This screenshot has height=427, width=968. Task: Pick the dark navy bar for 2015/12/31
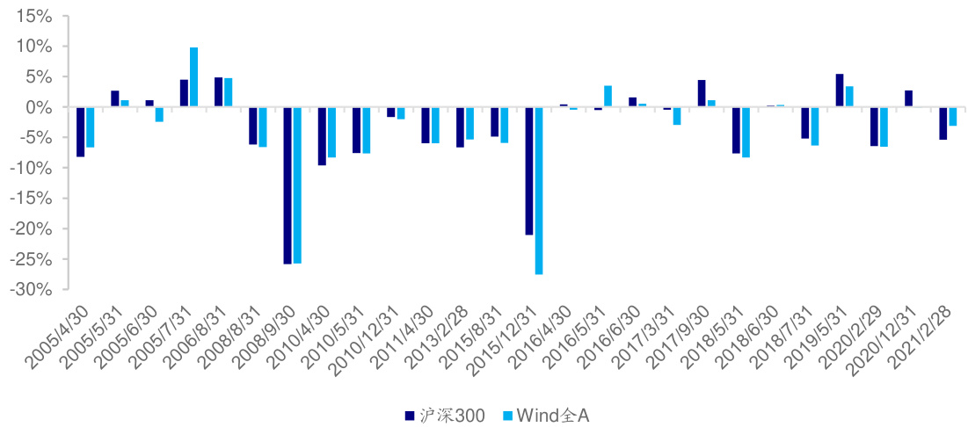point(529,170)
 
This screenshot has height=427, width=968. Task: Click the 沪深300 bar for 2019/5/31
point(840,90)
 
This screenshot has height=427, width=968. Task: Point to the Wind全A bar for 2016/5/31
point(608,97)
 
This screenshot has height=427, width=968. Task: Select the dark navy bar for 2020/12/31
point(908,98)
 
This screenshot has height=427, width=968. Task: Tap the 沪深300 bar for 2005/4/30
point(80,132)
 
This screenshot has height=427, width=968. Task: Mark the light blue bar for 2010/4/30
point(331,132)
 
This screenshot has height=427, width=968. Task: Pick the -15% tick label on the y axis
point(34,199)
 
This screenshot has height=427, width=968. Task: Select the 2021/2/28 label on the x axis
point(931,338)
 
